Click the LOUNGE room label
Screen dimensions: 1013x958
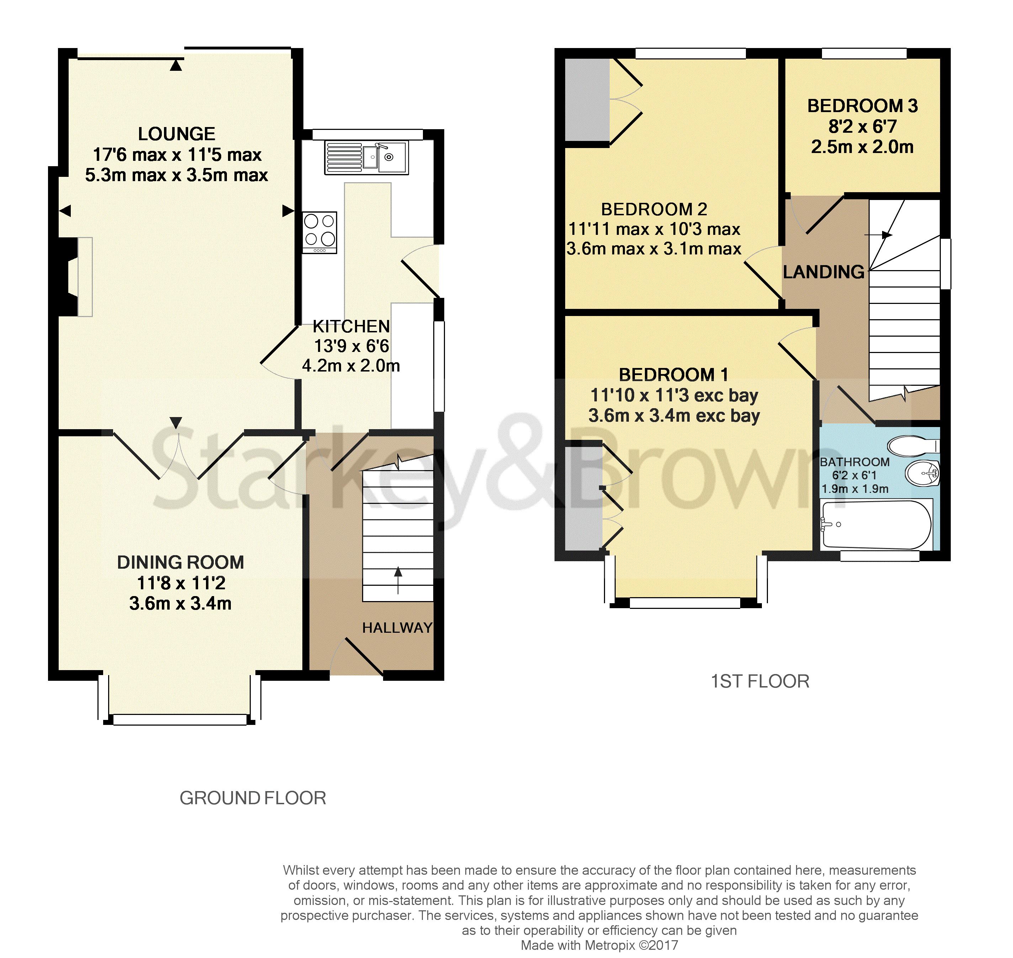[x=176, y=134]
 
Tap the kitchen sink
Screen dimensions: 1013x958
[x=366, y=157]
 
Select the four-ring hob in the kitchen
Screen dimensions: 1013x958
[x=319, y=232]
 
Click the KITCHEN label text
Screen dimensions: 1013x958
[x=351, y=326]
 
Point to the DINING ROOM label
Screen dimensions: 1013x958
[x=181, y=562]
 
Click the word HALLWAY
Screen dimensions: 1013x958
[x=397, y=628]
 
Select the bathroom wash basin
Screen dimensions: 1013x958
[x=923, y=473]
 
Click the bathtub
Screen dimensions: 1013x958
[x=876, y=525]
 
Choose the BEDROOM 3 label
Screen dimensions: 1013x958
[x=863, y=106]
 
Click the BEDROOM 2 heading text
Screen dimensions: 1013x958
[x=654, y=209]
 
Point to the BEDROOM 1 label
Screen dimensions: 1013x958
[x=674, y=375]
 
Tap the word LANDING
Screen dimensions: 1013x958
[x=824, y=272]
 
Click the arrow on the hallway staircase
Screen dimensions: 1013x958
[x=398, y=580]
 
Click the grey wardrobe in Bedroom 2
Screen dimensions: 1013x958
[x=587, y=100]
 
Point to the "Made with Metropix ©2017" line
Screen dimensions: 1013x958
[x=599, y=945]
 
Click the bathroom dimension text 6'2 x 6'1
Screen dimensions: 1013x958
[x=854, y=475]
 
